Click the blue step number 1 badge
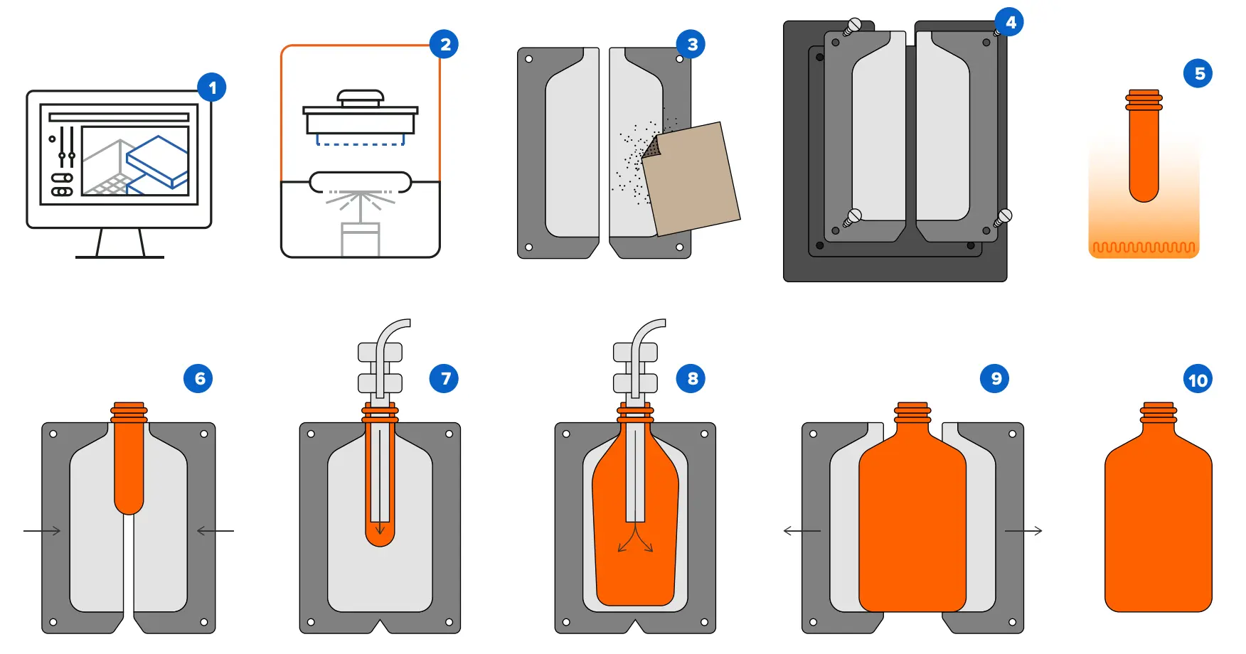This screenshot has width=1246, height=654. click(212, 88)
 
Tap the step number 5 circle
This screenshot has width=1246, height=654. click(1198, 73)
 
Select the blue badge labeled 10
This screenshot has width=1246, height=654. click(1198, 380)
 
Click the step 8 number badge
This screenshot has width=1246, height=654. click(691, 378)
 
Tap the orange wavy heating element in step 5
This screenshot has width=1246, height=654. click(1144, 248)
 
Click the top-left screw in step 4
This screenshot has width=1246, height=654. click(852, 27)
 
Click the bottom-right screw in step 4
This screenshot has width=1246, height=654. click(1003, 217)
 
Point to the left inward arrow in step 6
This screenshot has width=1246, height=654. click(42, 530)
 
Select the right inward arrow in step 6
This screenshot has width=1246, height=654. click(215, 530)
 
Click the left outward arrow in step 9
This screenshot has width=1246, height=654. click(802, 530)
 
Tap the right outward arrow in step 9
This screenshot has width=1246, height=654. click(1023, 530)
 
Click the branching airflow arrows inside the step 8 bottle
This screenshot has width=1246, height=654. click(635, 540)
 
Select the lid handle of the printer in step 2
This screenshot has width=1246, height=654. click(361, 97)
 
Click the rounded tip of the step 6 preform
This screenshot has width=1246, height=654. click(129, 505)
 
